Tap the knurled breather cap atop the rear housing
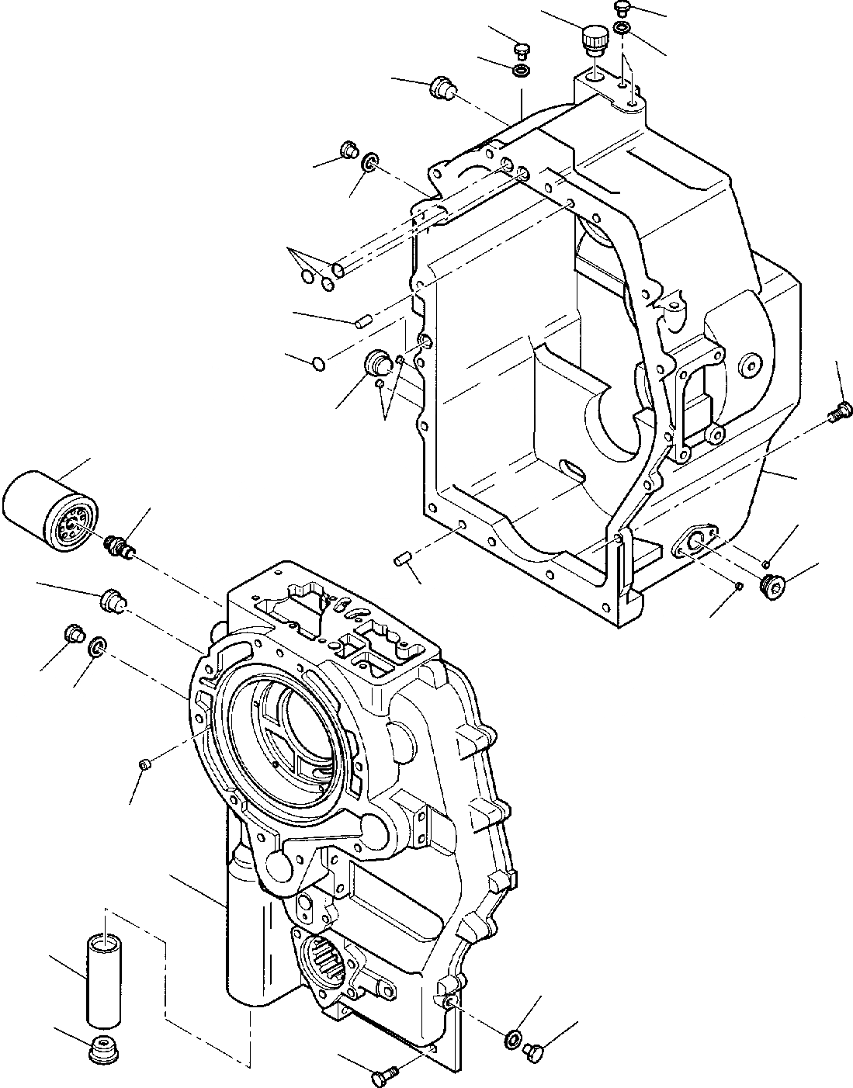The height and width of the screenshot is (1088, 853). (x=594, y=40)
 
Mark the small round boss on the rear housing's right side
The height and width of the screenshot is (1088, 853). (x=750, y=366)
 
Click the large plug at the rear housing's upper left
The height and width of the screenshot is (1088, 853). (x=441, y=88)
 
